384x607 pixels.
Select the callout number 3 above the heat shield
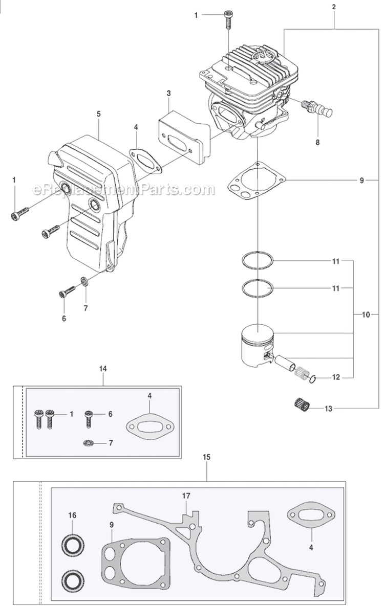168,93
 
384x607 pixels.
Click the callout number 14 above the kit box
103,368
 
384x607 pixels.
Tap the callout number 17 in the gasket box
186,496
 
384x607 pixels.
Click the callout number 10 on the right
366,315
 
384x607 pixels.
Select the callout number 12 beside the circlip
335,378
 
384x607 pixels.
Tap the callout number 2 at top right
334,7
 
